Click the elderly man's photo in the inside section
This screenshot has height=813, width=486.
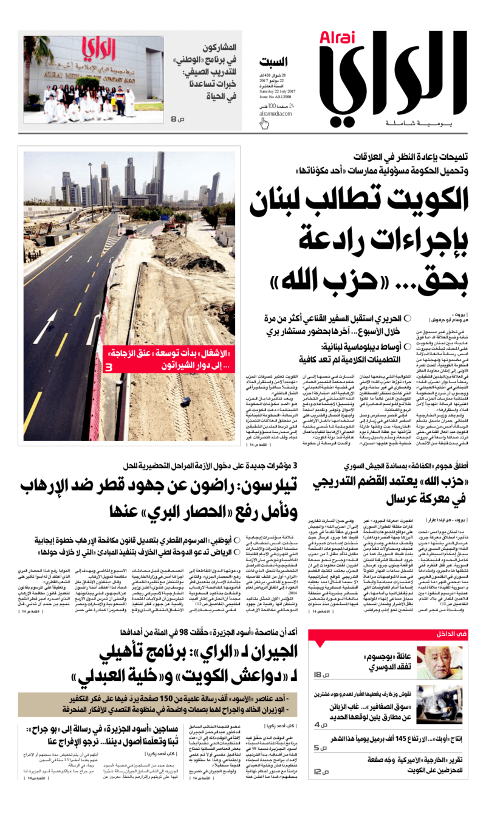click(449, 663)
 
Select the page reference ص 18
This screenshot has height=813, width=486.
click(321, 676)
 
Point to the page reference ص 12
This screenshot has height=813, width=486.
click(321, 772)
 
